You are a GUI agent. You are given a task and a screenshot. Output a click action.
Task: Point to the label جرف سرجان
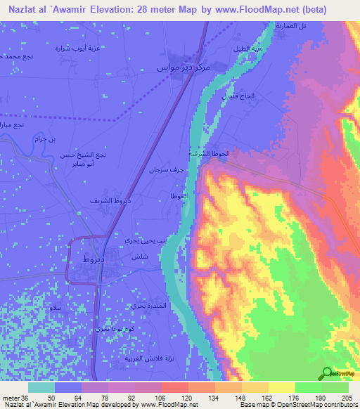(162, 170)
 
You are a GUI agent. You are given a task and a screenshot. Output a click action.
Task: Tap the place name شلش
(139, 257)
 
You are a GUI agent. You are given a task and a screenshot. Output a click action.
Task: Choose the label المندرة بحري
(149, 306)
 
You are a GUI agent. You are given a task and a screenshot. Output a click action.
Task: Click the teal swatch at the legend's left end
(41, 387)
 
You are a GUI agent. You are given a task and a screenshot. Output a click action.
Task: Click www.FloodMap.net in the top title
(257, 9)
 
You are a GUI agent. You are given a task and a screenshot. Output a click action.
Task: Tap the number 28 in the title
(152, 9)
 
